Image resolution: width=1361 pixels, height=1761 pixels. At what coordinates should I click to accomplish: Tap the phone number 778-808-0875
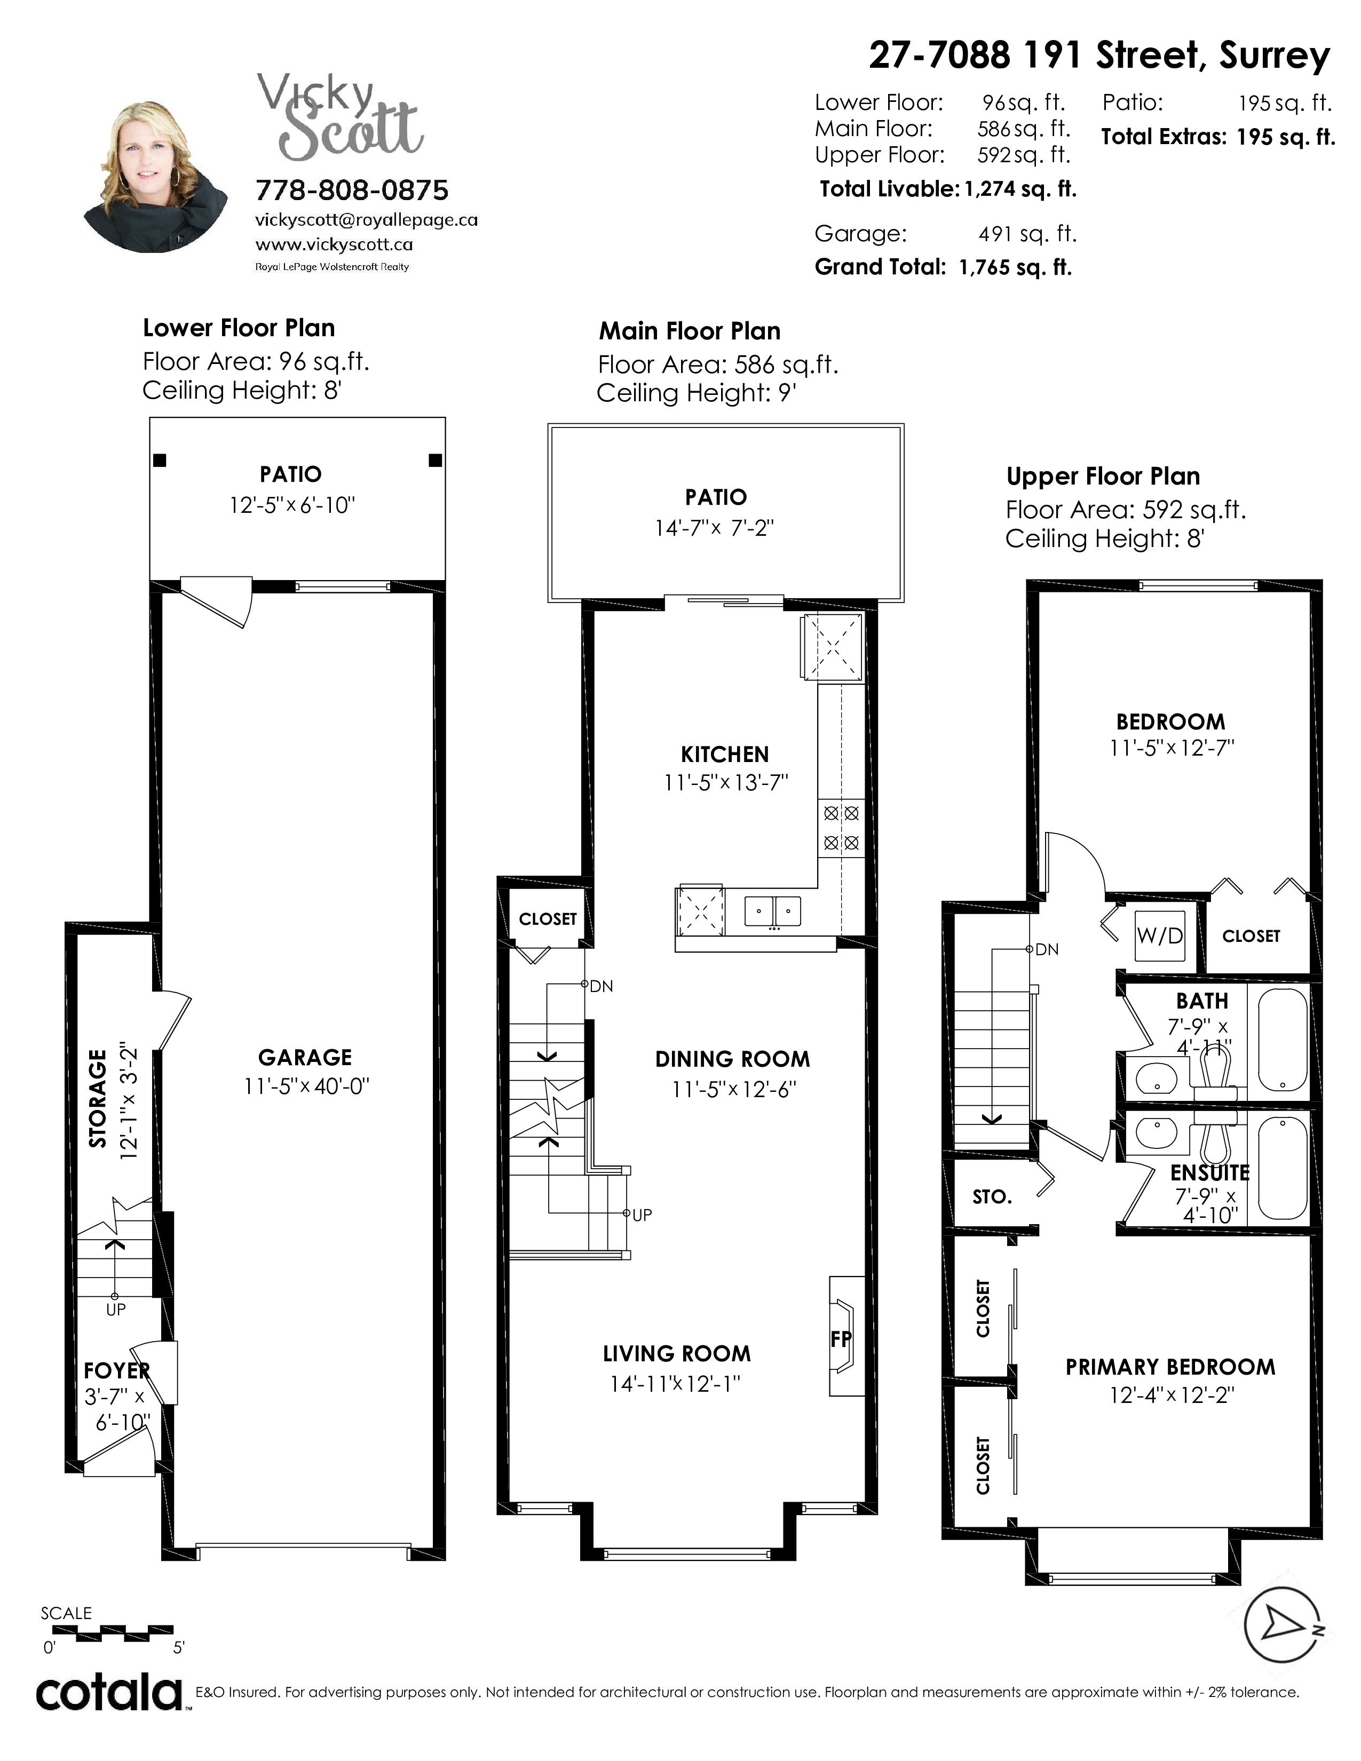(352, 191)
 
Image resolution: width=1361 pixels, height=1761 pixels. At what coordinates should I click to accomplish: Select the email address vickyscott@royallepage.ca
(366, 220)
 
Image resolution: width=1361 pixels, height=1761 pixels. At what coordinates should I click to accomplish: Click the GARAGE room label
(305, 1057)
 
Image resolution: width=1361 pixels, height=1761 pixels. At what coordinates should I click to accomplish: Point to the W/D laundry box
(1159, 935)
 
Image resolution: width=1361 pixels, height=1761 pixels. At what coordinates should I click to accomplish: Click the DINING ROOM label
(732, 1059)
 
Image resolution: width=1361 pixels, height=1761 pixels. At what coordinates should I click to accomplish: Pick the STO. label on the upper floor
(992, 1196)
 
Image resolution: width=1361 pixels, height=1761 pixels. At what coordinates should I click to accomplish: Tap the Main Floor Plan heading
(690, 331)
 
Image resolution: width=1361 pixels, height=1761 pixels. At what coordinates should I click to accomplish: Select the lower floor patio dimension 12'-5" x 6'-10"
(292, 505)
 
